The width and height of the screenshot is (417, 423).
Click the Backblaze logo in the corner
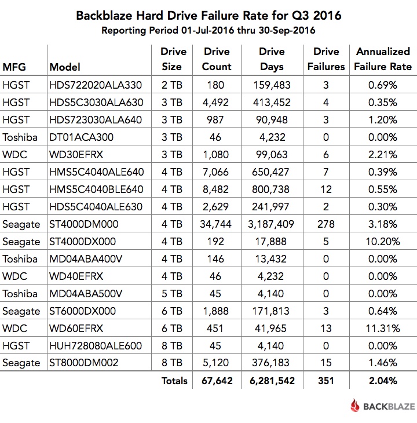click(382, 406)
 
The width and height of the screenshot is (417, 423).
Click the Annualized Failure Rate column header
click(384, 59)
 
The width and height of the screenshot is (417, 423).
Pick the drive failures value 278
click(326, 224)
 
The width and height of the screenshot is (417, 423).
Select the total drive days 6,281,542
click(272, 381)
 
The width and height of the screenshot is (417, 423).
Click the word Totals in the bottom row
click(174, 381)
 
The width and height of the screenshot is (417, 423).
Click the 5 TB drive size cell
click(171, 294)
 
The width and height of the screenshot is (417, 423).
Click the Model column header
click(65, 67)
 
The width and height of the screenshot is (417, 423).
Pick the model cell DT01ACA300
click(81, 137)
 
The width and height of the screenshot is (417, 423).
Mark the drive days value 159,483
click(272, 85)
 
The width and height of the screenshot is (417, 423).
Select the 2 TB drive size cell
click(171, 85)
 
